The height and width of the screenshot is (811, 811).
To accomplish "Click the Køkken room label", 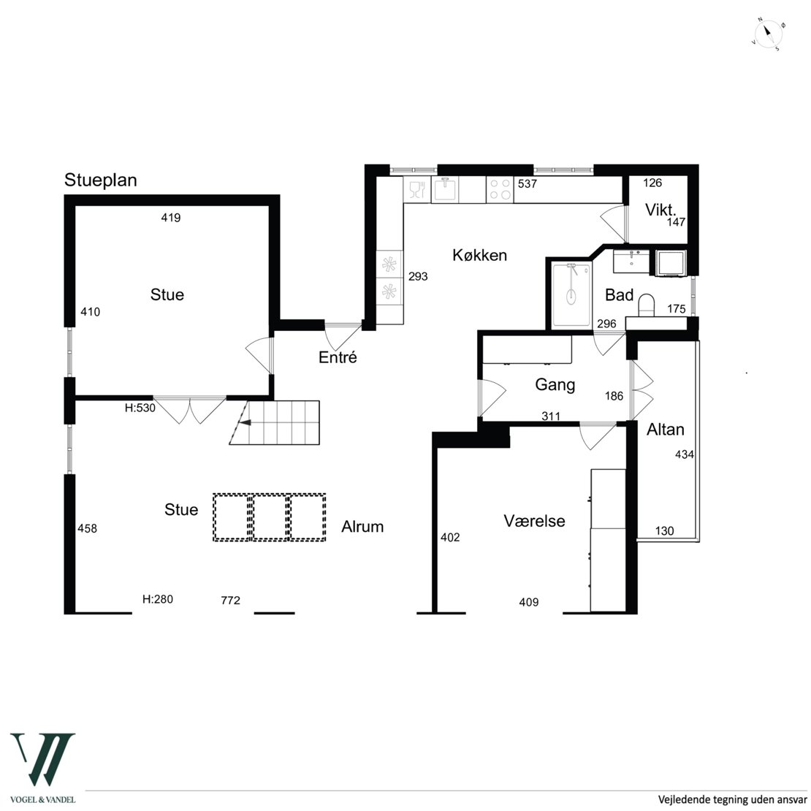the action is pos(479,255).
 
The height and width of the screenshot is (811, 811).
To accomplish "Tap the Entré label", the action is pos(338,357).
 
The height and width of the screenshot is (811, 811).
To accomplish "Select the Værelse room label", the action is pos(534,521).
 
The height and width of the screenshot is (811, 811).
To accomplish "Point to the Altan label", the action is pos(665,430).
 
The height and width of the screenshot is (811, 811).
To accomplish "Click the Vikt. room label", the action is pos(660,210).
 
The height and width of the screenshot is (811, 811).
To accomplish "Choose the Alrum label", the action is pos(362,527).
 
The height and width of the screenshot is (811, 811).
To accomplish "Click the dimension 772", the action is pos(231,600).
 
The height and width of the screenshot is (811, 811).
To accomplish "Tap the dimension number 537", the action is pos(528,183).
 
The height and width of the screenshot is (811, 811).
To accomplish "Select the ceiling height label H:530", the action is pos(140,408).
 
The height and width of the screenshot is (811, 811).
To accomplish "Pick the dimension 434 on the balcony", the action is pos(685,454).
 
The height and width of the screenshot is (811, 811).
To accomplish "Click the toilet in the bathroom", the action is pos(646,305).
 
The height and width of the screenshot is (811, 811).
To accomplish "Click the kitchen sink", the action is pos(445,189).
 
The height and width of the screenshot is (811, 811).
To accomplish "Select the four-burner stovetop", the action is pos(500,189).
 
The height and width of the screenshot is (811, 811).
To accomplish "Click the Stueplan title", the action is pos(100,180).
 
